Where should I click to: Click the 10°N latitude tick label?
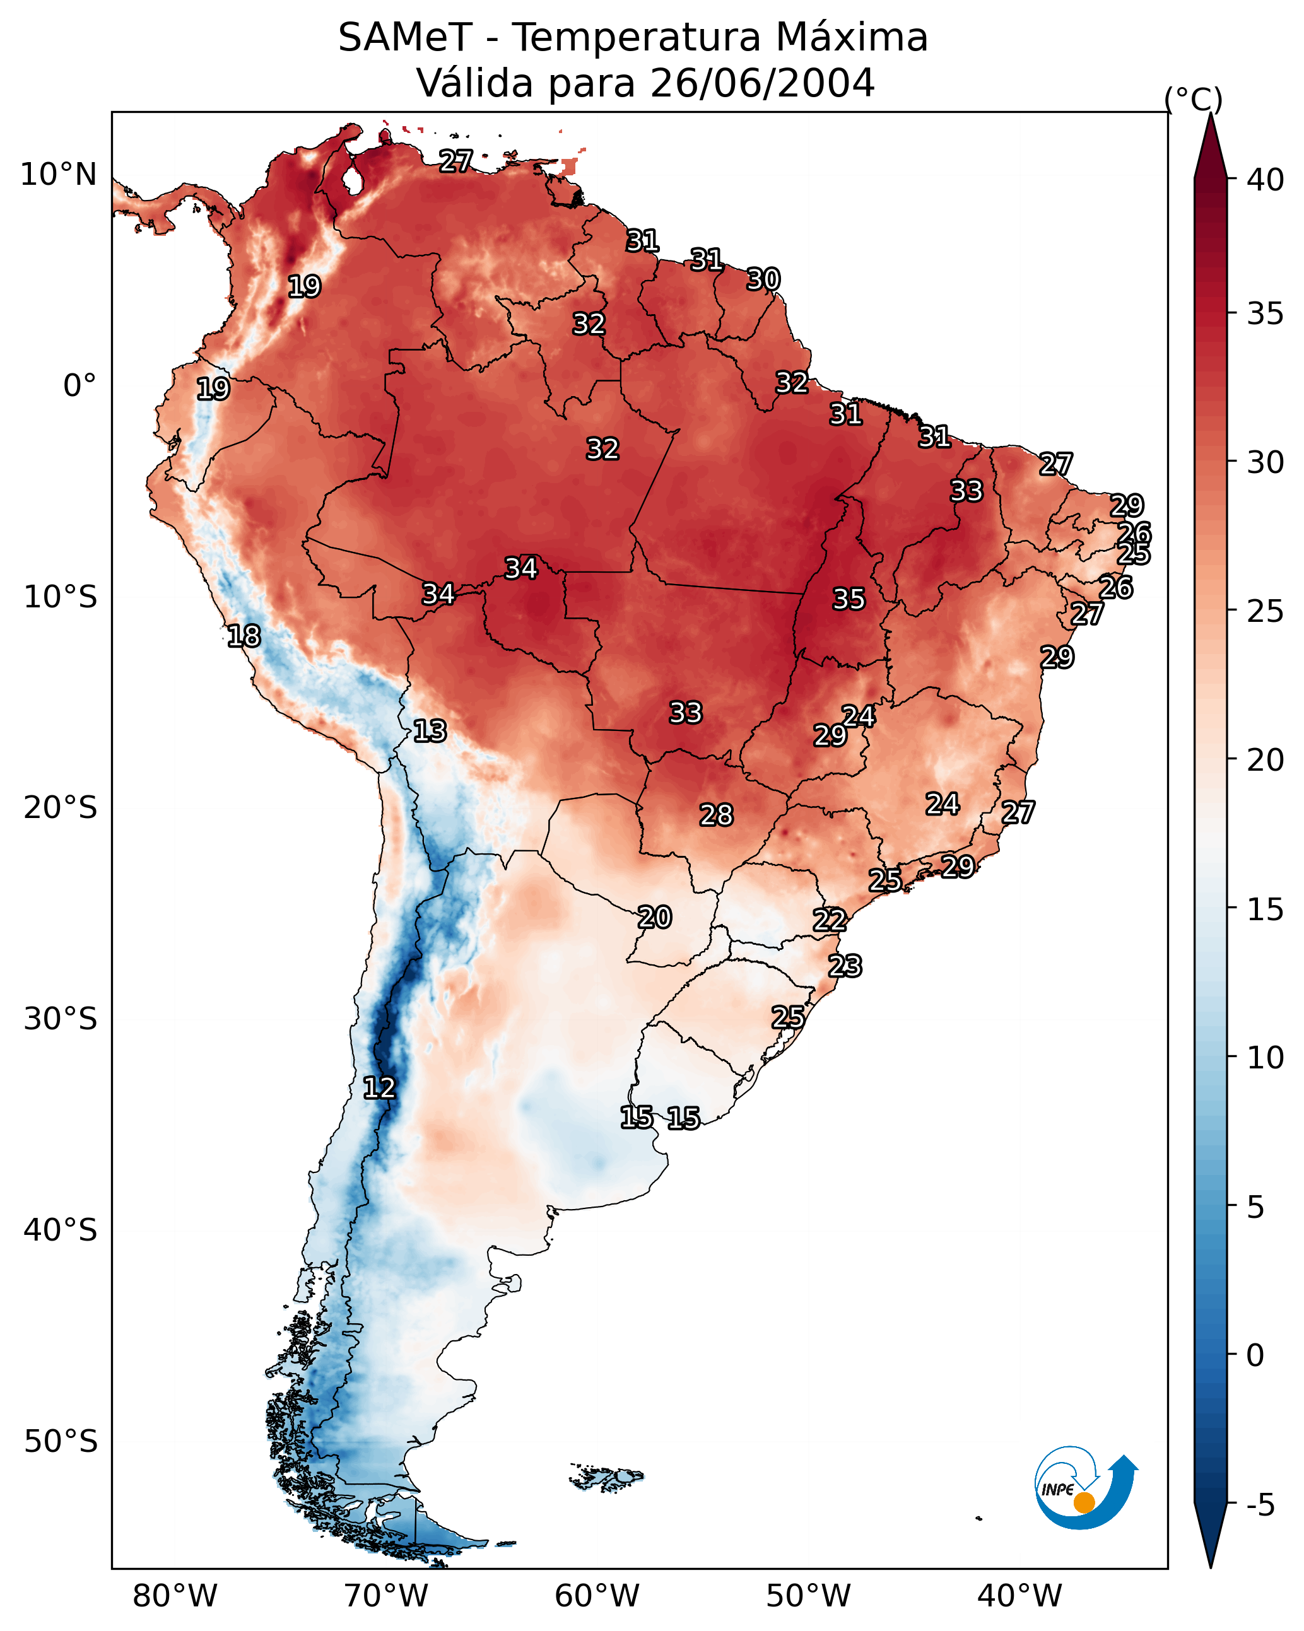[x=58, y=175]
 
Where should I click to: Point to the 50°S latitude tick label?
[x=61, y=1441]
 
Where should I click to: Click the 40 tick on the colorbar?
[x=1266, y=180]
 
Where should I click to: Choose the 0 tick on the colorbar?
[x=1255, y=1355]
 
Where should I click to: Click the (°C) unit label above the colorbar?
[x=1193, y=99]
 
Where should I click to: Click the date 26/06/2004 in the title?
[x=762, y=83]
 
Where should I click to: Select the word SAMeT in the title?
[x=405, y=38]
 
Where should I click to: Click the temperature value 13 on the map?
[x=430, y=731]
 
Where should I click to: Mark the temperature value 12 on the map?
[x=379, y=1088]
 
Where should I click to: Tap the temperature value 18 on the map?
[x=244, y=636]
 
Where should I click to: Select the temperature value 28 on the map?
[x=716, y=815]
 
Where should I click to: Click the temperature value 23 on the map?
[x=845, y=966]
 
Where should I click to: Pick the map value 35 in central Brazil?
[x=849, y=599]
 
